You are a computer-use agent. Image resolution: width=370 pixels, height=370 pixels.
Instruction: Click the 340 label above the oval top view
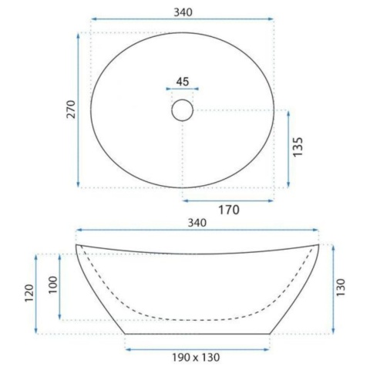183,12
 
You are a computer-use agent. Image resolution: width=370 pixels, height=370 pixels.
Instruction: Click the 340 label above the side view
197,223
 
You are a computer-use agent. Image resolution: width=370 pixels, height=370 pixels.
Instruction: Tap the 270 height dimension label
71,109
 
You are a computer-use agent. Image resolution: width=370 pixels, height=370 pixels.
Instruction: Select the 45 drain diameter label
183,82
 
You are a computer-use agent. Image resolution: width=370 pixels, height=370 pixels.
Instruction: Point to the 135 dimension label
298,146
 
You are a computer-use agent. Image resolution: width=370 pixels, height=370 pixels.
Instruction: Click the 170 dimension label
229,210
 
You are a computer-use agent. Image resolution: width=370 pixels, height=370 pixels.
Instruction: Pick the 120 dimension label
29,293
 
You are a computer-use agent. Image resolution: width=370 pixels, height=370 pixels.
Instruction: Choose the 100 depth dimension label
53,285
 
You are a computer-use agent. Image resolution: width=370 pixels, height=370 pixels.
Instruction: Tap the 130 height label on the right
341,288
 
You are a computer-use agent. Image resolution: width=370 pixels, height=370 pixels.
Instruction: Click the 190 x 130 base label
196,357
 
